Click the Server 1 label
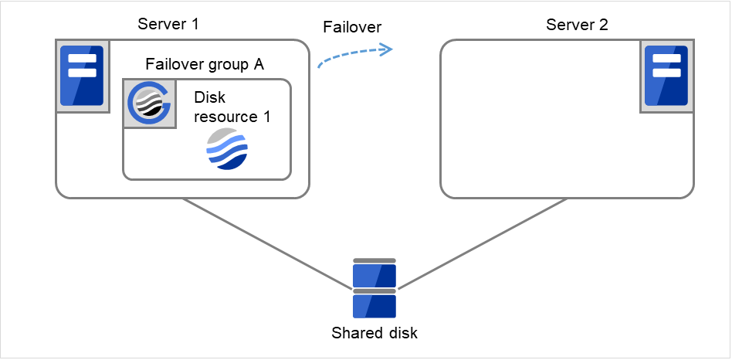coord(168,23)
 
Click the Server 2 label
coord(577,25)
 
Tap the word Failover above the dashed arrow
coord(351,27)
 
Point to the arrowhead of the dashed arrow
coord(387,49)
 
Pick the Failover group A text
coord(205,64)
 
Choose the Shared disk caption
coord(374,334)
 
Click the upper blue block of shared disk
coord(374,276)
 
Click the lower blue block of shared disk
coord(374,306)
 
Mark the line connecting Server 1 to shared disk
coord(266,243)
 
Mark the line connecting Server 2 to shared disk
coord(483,243)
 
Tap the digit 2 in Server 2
coord(604,25)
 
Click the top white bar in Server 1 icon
coord(81,59)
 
